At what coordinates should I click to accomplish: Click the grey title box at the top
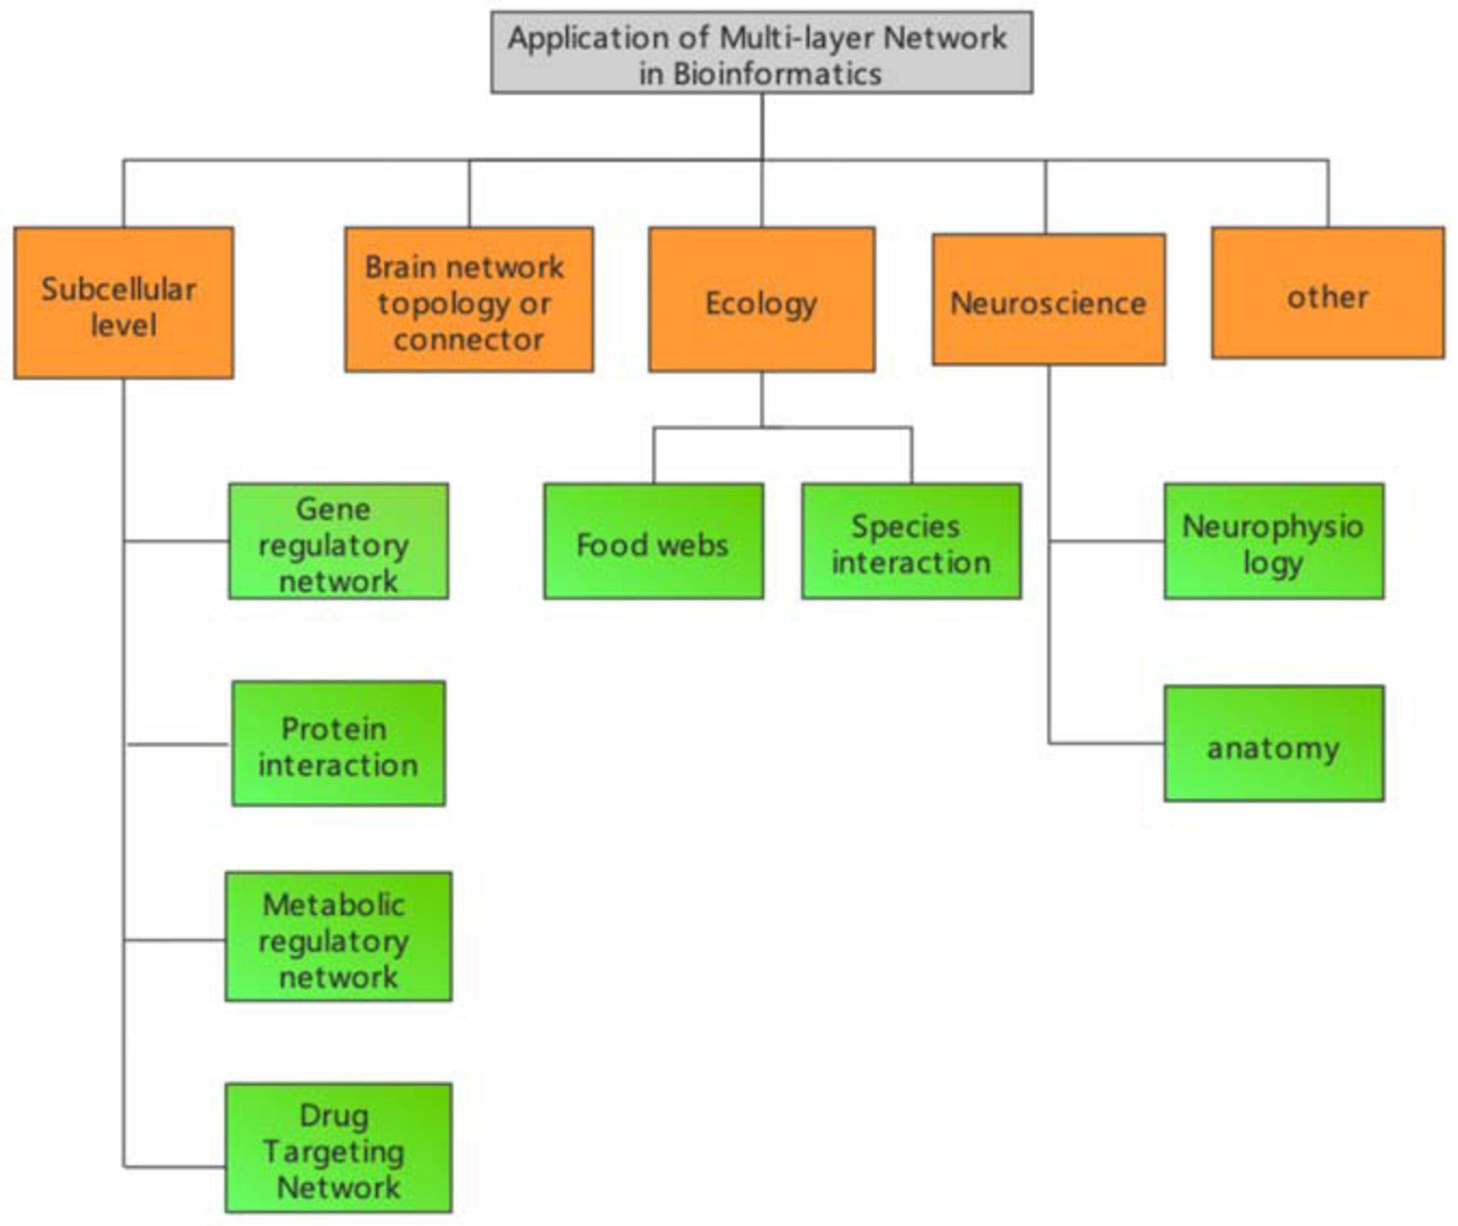click(x=761, y=52)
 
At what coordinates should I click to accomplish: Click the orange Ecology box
click(x=761, y=299)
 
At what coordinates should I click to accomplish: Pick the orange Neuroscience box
click(x=1048, y=299)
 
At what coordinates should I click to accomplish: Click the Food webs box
click(x=653, y=541)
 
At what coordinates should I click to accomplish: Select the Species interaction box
click(x=911, y=541)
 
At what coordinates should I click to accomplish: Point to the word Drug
click(x=334, y=1116)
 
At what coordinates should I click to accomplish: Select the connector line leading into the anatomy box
click(x=1105, y=743)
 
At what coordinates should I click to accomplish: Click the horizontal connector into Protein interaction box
click(x=177, y=744)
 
